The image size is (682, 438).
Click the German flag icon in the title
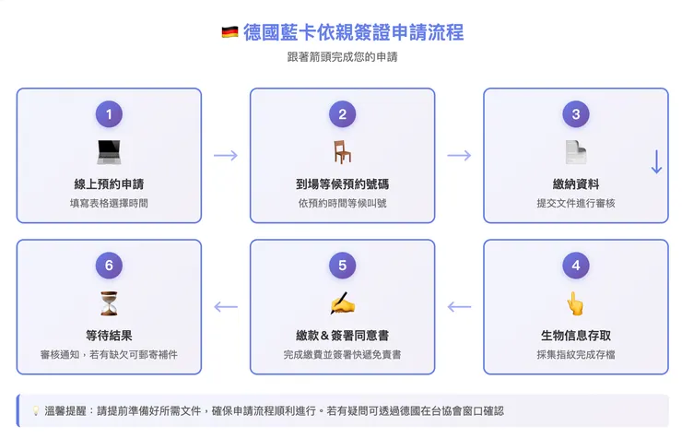(x=229, y=33)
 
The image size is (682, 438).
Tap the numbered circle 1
(x=109, y=114)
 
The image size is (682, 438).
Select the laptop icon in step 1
(x=109, y=151)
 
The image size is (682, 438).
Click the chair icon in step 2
(x=342, y=151)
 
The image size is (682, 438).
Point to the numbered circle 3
(x=576, y=114)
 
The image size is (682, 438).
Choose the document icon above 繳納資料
(x=576, y=151)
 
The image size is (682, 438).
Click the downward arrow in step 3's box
(x=656, y=161)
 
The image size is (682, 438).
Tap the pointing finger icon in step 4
(x=576, y=303)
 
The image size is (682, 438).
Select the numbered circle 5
(x=342, y=266)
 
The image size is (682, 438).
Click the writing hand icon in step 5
(x=342, y=303)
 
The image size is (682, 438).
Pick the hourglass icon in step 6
(x=109, y=303)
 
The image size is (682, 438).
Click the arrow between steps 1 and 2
(x=226, y=155)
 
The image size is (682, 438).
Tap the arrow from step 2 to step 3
(x=459, y=155)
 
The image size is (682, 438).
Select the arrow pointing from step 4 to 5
(x=459, y=307)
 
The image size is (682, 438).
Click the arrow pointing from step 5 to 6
(x=226, y=307)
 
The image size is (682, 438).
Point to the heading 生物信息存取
(x=576, y=335)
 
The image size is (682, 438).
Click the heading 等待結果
(x=109, y=335)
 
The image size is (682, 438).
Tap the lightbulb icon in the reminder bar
(x=35, y=411)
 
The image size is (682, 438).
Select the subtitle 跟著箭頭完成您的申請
(x=342, y=57)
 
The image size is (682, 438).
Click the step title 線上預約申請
(x=109, y=183)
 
